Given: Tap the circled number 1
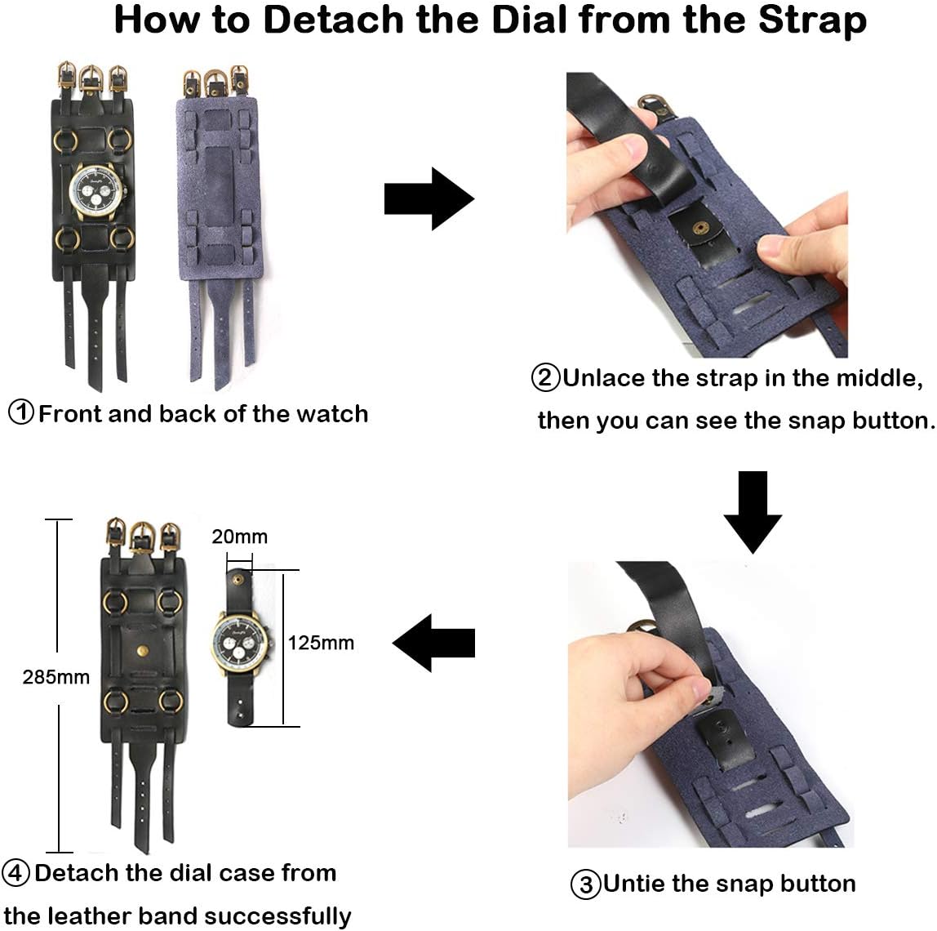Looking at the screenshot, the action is pyautogui.click(x=21, y=412).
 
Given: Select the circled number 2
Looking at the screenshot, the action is pyautogui.click(x=545, y=378).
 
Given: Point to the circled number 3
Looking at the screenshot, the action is pyautogui.click(x=585, y=884).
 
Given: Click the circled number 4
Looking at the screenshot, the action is pyautogui.click(x=16, y=873).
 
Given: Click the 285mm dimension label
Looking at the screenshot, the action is pyautogui.click(x=56, y=677).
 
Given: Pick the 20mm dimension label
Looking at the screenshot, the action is pyautogui.click(x=239, y=537).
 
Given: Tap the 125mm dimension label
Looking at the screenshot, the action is pyautogui.click(x=321, y=643).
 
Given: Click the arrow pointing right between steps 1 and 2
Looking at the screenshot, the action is pyautogui.click(x=429, y=198).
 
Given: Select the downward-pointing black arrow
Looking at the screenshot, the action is pyautogui.click(x=753, y=512).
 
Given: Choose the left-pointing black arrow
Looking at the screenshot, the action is pyautogui.click(x=433, y=643).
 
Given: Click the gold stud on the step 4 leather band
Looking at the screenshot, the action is pyautogui.click(x=142, y=651).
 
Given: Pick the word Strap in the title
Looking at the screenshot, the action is pyautogui.click(x=812, y=21).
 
